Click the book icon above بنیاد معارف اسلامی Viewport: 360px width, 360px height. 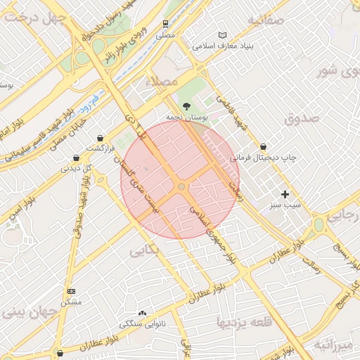(223, 35)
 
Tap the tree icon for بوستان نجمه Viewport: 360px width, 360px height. (186, 105)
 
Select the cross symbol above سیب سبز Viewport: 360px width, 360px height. (285, 194)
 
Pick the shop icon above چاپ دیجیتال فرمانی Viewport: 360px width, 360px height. (264, 146)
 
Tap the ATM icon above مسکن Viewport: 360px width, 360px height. (71, 291)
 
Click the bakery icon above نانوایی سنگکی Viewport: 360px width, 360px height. (143, 314)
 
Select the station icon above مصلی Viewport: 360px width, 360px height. (165, 23)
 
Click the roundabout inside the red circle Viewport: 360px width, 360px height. (181, 186)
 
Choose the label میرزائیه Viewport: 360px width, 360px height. (333, 345)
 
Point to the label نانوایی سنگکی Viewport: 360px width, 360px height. (143, 325)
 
